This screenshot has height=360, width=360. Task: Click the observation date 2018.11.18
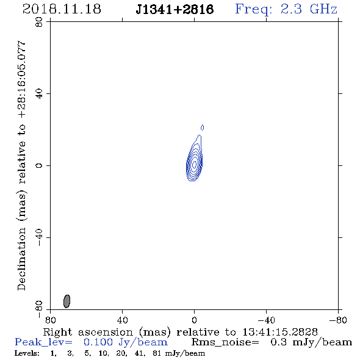pos(62,9)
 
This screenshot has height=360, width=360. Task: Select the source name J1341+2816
pos(175,9)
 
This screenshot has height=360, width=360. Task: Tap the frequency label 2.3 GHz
pos(309,9)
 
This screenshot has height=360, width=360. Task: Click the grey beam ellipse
pos(67,301)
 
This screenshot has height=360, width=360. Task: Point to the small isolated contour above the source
pos(202,128)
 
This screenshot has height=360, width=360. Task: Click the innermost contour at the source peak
pos(195,164)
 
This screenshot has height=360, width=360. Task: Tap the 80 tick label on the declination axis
pos(39,22)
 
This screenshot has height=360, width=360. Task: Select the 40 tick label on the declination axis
pos(39,94)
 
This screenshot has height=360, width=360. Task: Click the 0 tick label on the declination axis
pos(39,165)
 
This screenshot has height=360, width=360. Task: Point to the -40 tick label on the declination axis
pos(39,237)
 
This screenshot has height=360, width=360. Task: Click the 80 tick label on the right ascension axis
pos(50,320)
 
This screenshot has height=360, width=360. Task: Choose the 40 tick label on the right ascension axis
pos(122,320)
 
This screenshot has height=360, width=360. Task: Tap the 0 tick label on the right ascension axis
pos(194,320)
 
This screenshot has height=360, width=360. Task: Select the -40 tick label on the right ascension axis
pos(266,320)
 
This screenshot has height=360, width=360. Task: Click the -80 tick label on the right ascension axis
pos(338,320)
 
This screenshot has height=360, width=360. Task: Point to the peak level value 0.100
pos(98,342)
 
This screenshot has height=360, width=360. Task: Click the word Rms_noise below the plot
pos(225,343)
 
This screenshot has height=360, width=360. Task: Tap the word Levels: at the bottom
pos(27,353)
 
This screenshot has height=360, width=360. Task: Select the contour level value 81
pos(157,353)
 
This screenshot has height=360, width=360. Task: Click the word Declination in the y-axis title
pos(21,259)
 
